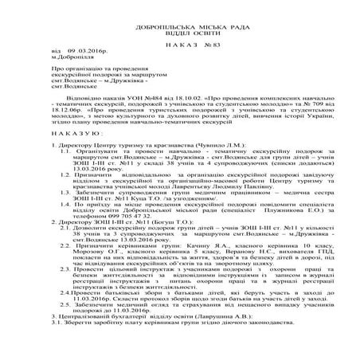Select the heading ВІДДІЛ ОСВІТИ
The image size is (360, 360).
180,21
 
